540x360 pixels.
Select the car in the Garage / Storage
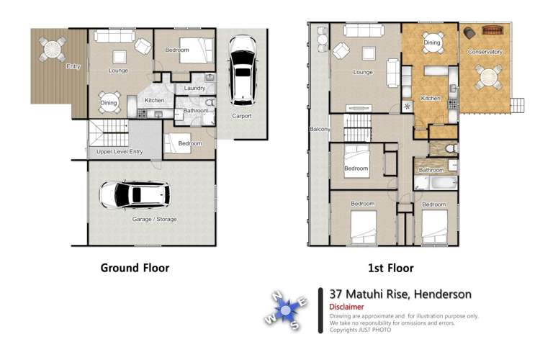coord(134,194)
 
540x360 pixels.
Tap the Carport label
coord(241,116)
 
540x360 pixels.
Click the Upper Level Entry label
coord(121,152)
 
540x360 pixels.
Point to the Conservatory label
coord(485,52)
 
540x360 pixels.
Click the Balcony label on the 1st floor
coord(320,130)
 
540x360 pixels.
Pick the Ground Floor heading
coord(135,268)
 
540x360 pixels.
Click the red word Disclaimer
coord(347,307)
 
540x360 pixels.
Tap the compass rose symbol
coord(286,310)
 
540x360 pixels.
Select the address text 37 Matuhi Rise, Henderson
coord(400,294)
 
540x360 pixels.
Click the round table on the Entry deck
coord(53,49)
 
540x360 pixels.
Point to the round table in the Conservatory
coord(488,76)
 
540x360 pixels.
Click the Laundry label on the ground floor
coord(195,89)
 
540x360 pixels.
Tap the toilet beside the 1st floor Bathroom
coord(449,148)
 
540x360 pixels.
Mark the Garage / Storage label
coord(154,219)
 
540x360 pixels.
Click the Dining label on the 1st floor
coord(431,43)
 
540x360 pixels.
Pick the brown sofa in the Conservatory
coord(492,32)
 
